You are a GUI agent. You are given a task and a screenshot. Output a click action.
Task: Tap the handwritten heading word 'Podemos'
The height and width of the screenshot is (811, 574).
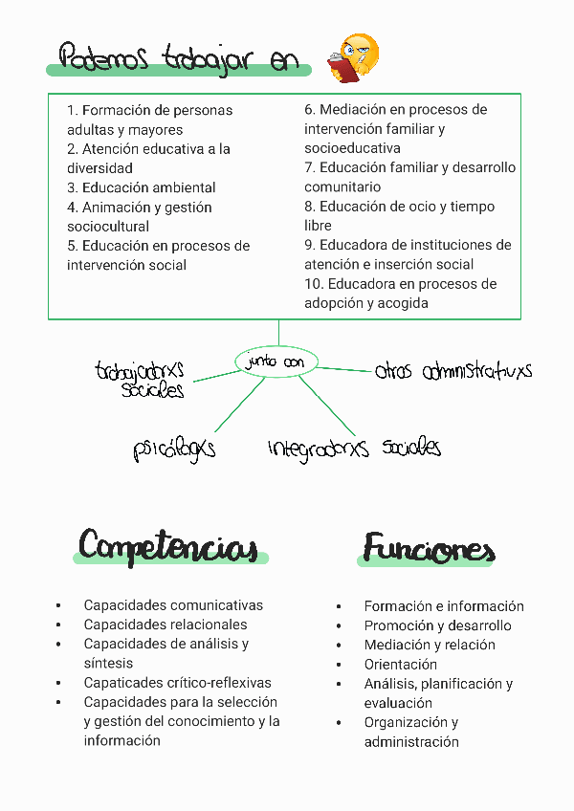103,58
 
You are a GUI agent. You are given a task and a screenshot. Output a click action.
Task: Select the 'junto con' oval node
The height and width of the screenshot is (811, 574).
275,362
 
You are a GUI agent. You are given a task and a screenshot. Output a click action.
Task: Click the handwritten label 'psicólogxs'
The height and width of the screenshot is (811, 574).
174,449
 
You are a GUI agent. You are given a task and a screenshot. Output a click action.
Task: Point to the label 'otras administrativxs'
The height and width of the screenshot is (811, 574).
453,371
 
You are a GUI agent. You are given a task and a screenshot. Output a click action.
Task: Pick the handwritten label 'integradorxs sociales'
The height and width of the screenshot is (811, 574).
354,448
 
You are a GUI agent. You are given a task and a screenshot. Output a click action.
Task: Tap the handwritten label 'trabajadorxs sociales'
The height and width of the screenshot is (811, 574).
141,379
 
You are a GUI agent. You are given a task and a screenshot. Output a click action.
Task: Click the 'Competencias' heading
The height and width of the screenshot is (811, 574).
168,547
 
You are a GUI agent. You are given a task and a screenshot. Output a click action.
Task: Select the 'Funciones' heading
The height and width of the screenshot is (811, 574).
428,549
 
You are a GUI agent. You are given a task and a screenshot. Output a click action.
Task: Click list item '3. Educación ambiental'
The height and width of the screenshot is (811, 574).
142,187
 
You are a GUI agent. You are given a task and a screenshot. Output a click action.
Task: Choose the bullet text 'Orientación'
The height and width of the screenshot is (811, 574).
400,665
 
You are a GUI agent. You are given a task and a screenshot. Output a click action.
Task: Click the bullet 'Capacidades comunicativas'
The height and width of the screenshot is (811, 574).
173,605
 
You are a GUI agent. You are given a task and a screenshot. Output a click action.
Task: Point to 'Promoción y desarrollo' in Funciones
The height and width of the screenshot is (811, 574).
437,625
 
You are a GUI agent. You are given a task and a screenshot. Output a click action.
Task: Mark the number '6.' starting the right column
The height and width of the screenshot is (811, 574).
310,110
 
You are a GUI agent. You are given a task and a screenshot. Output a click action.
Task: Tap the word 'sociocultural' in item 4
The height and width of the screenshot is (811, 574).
108,227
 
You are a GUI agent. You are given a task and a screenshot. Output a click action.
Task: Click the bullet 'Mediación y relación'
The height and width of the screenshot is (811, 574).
430,645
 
